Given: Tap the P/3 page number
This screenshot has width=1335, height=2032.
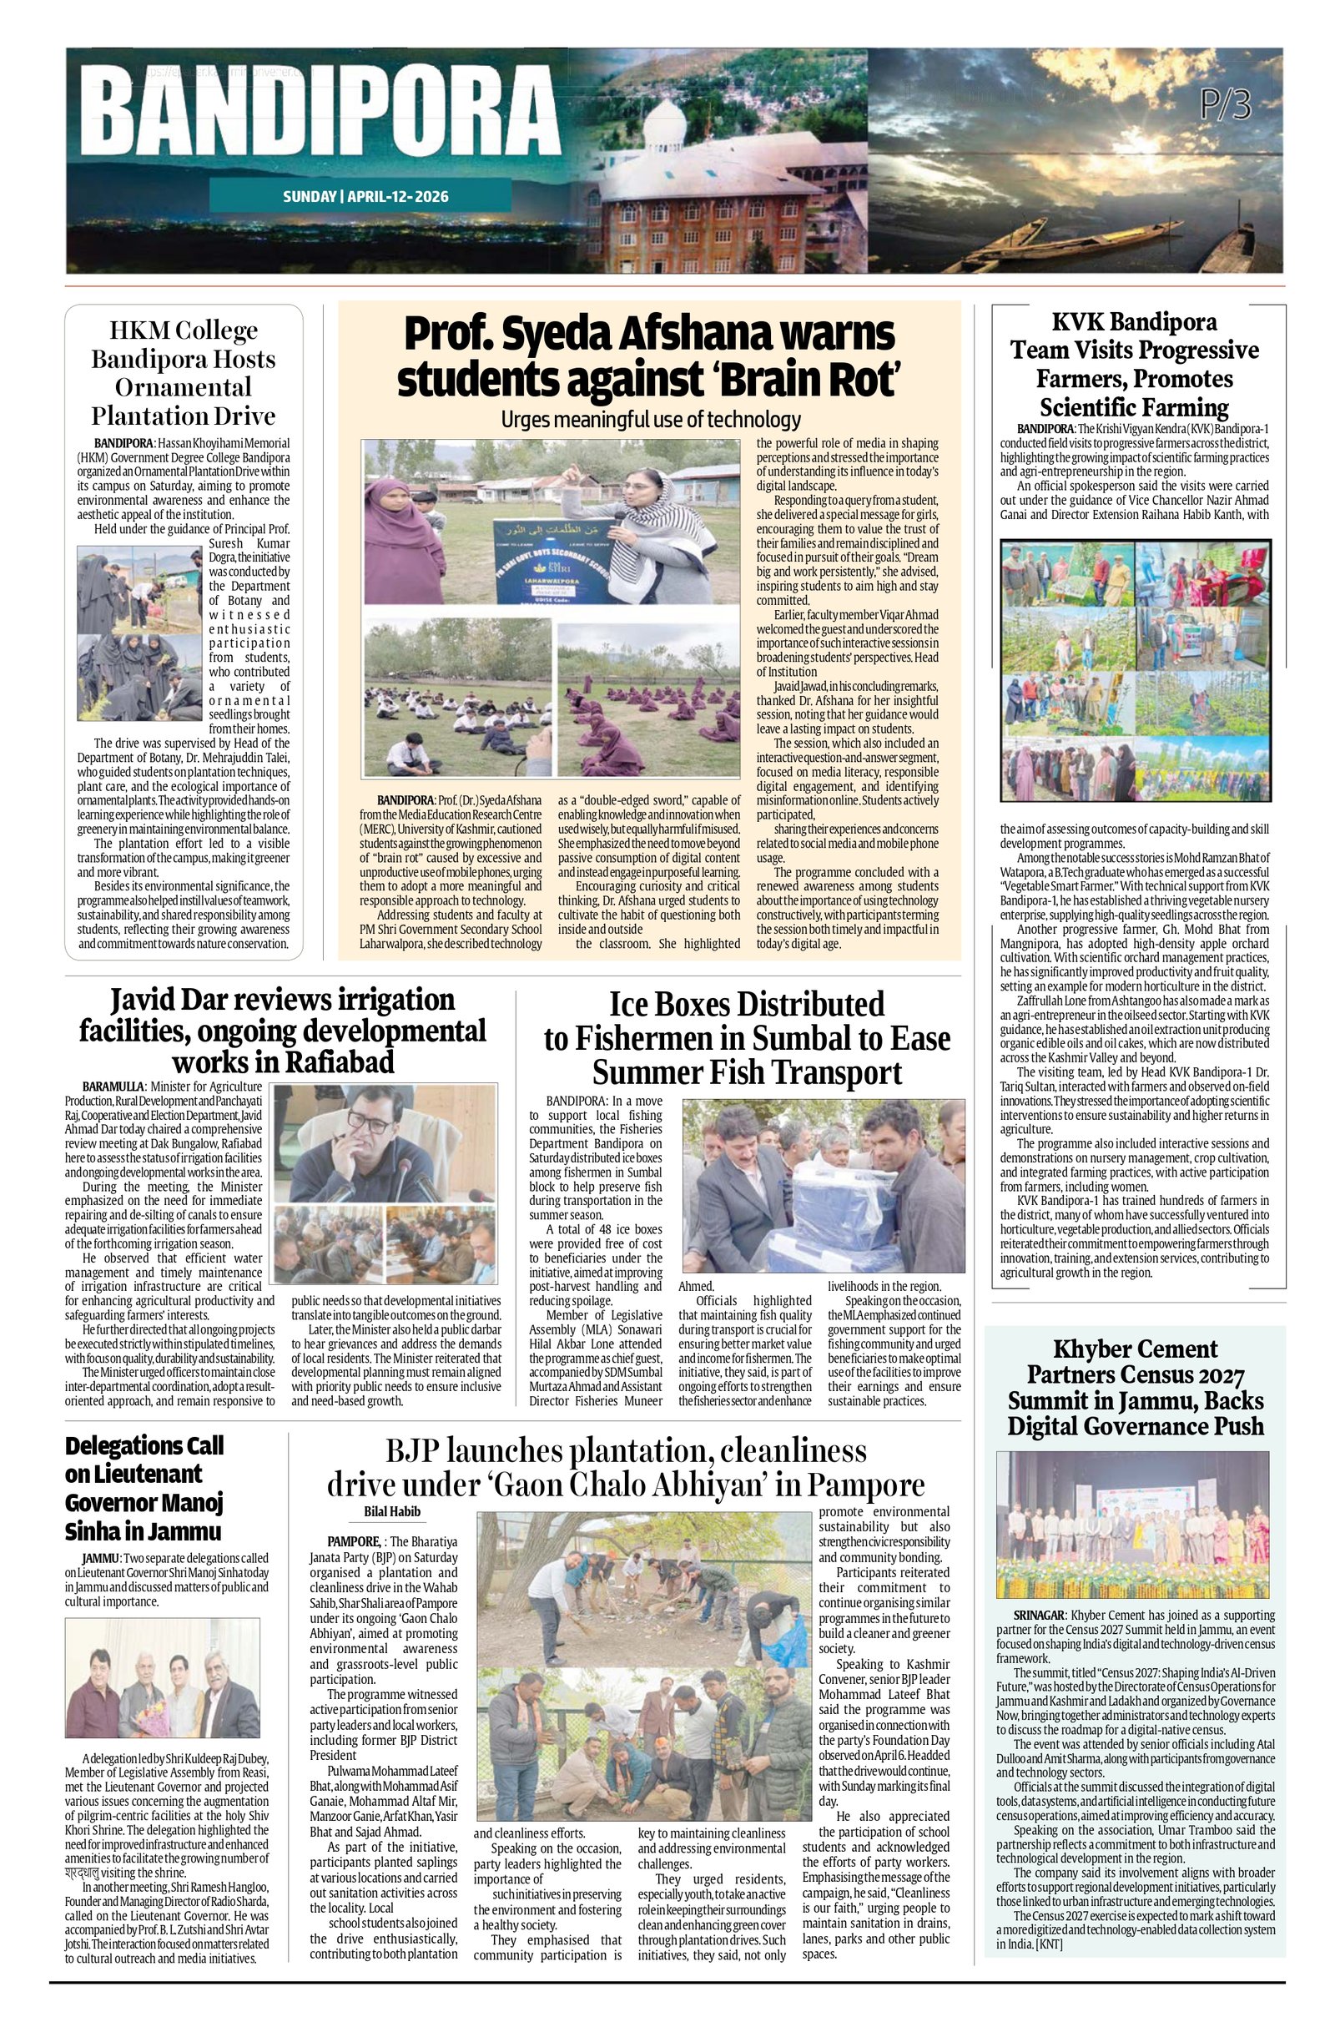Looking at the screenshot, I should pyautogui.click(x=1224, y=105).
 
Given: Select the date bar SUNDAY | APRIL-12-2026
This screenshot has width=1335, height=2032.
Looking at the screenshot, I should pyautogui.click(x=365, y=196).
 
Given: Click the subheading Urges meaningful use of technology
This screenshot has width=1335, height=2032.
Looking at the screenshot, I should pyautogui.click(x=650, y=419).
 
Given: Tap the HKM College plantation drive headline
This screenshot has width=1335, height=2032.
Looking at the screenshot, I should pyautogui.click(x=184, y=373).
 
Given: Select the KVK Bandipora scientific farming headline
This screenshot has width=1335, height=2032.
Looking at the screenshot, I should pyautogui.click(x=1135, y=365).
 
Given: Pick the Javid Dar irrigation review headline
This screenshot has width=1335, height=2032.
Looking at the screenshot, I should pyautogui.click(x=283, y=1031).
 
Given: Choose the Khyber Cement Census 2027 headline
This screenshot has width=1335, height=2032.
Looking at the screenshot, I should pyautogui.click(x=1136, y=1388).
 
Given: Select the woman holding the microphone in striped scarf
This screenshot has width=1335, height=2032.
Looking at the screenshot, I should pyautogui.click(x=662, y=529).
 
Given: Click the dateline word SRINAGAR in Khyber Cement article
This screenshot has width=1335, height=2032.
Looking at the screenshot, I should pyautogui.click(x=1037, y=1616).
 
